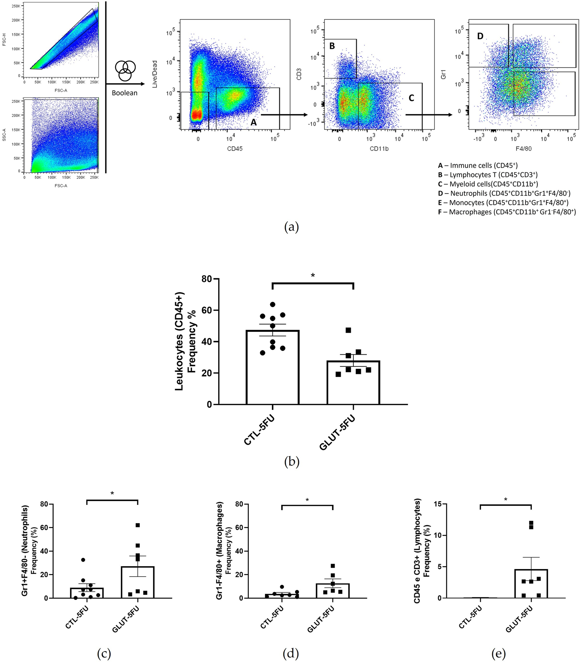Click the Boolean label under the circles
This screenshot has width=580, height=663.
pos(124,93)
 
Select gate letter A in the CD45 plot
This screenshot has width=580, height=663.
pos(253,122)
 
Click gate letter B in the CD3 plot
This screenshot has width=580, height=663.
pos(332,46)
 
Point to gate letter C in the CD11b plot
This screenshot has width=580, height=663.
pos(411,98)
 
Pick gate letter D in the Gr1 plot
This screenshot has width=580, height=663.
pos(480,36)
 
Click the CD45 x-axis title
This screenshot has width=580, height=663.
pos(235,149)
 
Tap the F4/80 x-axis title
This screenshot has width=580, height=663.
pos(523,149)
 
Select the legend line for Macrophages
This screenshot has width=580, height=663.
pos(507,212)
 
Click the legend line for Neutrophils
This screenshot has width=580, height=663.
pos(504,193)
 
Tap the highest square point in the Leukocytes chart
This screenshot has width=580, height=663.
pos(348,330)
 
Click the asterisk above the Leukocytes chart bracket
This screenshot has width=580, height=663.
pos(313,276)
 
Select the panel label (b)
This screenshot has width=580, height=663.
pos(292,462)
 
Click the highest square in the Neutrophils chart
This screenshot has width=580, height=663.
pos(138,525)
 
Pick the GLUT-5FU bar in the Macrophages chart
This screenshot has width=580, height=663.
pos(333,591)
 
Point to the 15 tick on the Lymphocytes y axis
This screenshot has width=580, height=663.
pos(438,504)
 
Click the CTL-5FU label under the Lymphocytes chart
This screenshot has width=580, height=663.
pos(470,617)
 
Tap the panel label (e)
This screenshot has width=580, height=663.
pos(498,654)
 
